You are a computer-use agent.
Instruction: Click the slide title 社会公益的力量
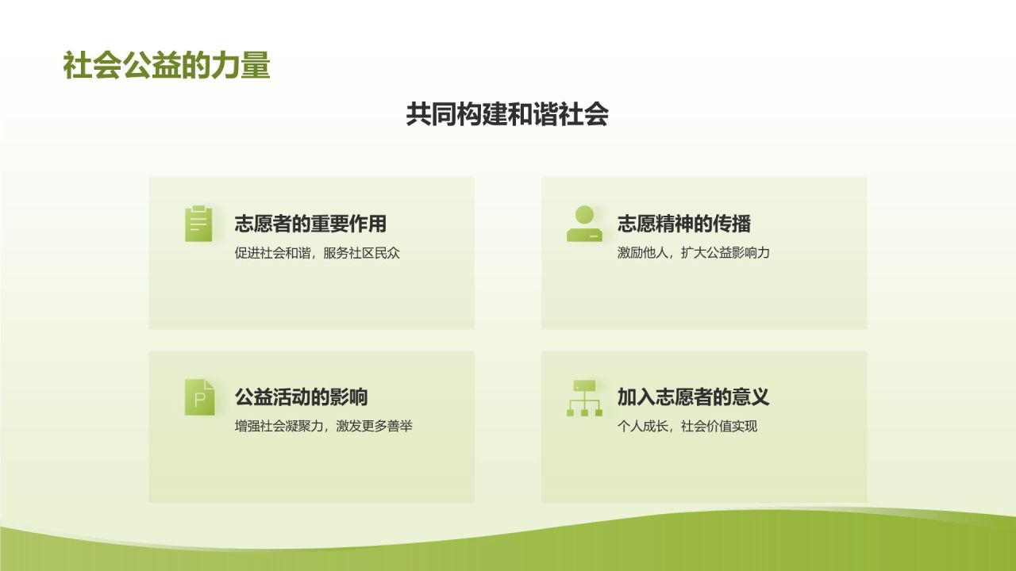click(x=167, y=66)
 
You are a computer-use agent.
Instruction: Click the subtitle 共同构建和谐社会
click(x=507, y=115)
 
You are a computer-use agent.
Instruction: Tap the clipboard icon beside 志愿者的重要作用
click(x=198, y=224)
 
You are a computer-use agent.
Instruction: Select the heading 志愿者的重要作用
click(x=310, y=224)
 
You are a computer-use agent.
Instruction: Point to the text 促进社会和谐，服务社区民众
click(x=317, y=253)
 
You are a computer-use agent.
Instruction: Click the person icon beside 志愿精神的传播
click(x=584, y=224)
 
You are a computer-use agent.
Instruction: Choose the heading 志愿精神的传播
click(x=684, y=224)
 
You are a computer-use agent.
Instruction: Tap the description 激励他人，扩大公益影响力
click(x=694, y=253)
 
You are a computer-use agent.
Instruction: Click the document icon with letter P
click(x=199, y=397)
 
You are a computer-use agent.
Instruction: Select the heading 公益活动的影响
click(x=301, y=397)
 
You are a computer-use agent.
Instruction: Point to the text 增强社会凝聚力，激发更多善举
click(x=324, y=426)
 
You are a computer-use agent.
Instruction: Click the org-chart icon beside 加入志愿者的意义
click(x=585, y=397)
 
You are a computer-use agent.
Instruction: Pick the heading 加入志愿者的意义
click(x=694, y=397)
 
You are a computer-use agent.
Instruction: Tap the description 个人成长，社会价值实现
click(x=687, y=426)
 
